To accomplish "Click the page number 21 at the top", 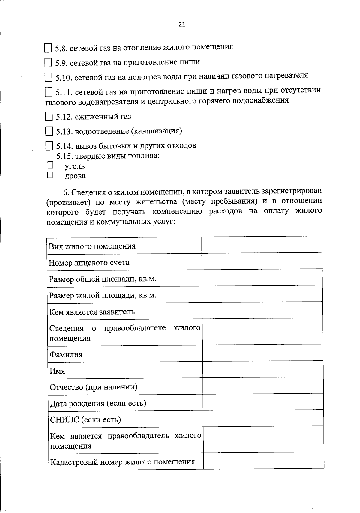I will [182, 25].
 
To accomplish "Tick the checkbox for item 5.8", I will [48, 48].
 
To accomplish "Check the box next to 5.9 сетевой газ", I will [48, 63].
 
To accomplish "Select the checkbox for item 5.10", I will [48, 77].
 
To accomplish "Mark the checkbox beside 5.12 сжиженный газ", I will [49, 116].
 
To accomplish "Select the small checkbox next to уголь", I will [50, 165].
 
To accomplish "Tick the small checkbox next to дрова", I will [50, 175].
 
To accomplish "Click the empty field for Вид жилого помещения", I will [262, 245].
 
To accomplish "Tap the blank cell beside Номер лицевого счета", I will [262, 261].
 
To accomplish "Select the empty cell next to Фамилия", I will [262, 353].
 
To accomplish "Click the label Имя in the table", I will [58, 371].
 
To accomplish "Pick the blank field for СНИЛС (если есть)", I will [263, 418].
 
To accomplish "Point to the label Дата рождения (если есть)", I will [98, 404].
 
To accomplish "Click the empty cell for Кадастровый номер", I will [263, 461].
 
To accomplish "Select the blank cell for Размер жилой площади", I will [262, 294].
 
